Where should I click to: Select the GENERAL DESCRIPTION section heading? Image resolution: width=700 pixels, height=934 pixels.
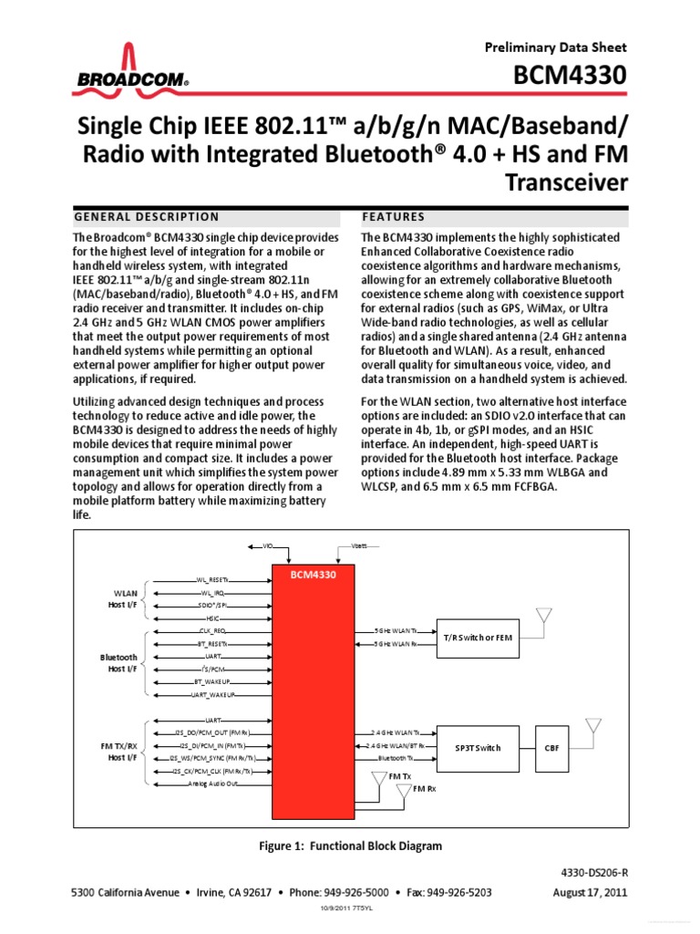tap(146, 217)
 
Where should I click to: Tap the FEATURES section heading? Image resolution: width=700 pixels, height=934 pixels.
tap(394, 217)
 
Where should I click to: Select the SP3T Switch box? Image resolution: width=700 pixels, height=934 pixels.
tap(478, 747)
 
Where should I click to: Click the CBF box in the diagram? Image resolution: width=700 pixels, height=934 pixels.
tap(552, 747)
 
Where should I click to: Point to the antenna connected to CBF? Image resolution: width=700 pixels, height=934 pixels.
tap(592, 728)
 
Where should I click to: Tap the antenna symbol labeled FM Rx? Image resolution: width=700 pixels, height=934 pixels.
tap(402, 793)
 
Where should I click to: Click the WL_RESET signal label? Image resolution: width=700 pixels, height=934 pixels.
tap(212, 579)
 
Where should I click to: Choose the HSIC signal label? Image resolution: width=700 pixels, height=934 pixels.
tap(212, 617)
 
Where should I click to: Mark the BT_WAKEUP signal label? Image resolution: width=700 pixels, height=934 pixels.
tap(212, 681)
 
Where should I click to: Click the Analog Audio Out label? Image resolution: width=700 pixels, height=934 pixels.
tap(212, 784)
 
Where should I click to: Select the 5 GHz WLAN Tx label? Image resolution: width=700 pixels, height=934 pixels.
tap(396, 630)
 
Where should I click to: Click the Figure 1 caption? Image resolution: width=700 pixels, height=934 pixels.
tap(351, 846)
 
